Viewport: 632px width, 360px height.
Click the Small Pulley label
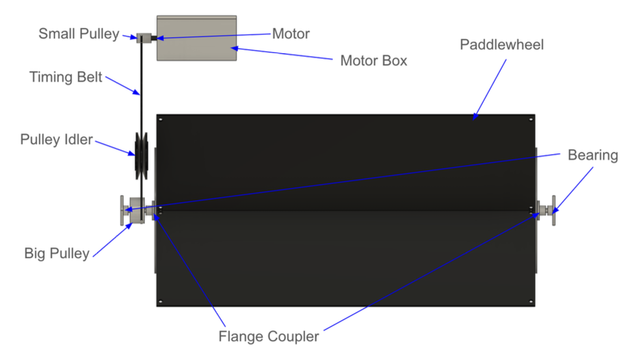(79, 34)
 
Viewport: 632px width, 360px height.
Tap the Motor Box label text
(374, 61)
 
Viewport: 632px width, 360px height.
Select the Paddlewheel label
(501, 45)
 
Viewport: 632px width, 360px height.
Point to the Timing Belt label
(66, 77)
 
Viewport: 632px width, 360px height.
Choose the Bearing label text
(592, 155)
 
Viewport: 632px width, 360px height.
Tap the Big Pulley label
(57, 253)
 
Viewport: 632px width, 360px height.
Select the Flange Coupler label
(269, 337)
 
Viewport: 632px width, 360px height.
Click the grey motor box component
(196, 38)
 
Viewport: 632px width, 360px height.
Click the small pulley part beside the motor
(144, 38)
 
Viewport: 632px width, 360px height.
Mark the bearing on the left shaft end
(124, 211)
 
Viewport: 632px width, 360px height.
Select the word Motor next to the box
(291, 33)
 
